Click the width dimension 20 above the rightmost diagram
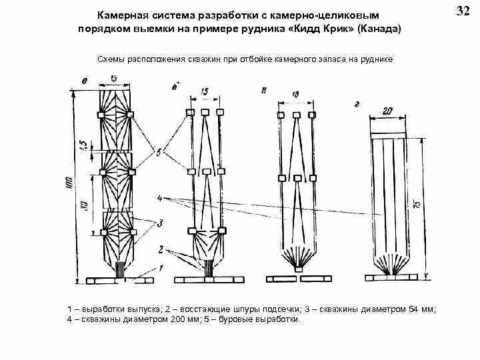389,111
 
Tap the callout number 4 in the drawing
160,198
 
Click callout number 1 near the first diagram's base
159,267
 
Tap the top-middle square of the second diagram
205,112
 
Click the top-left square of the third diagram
281,115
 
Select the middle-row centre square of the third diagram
296,178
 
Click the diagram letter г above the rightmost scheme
358,104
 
